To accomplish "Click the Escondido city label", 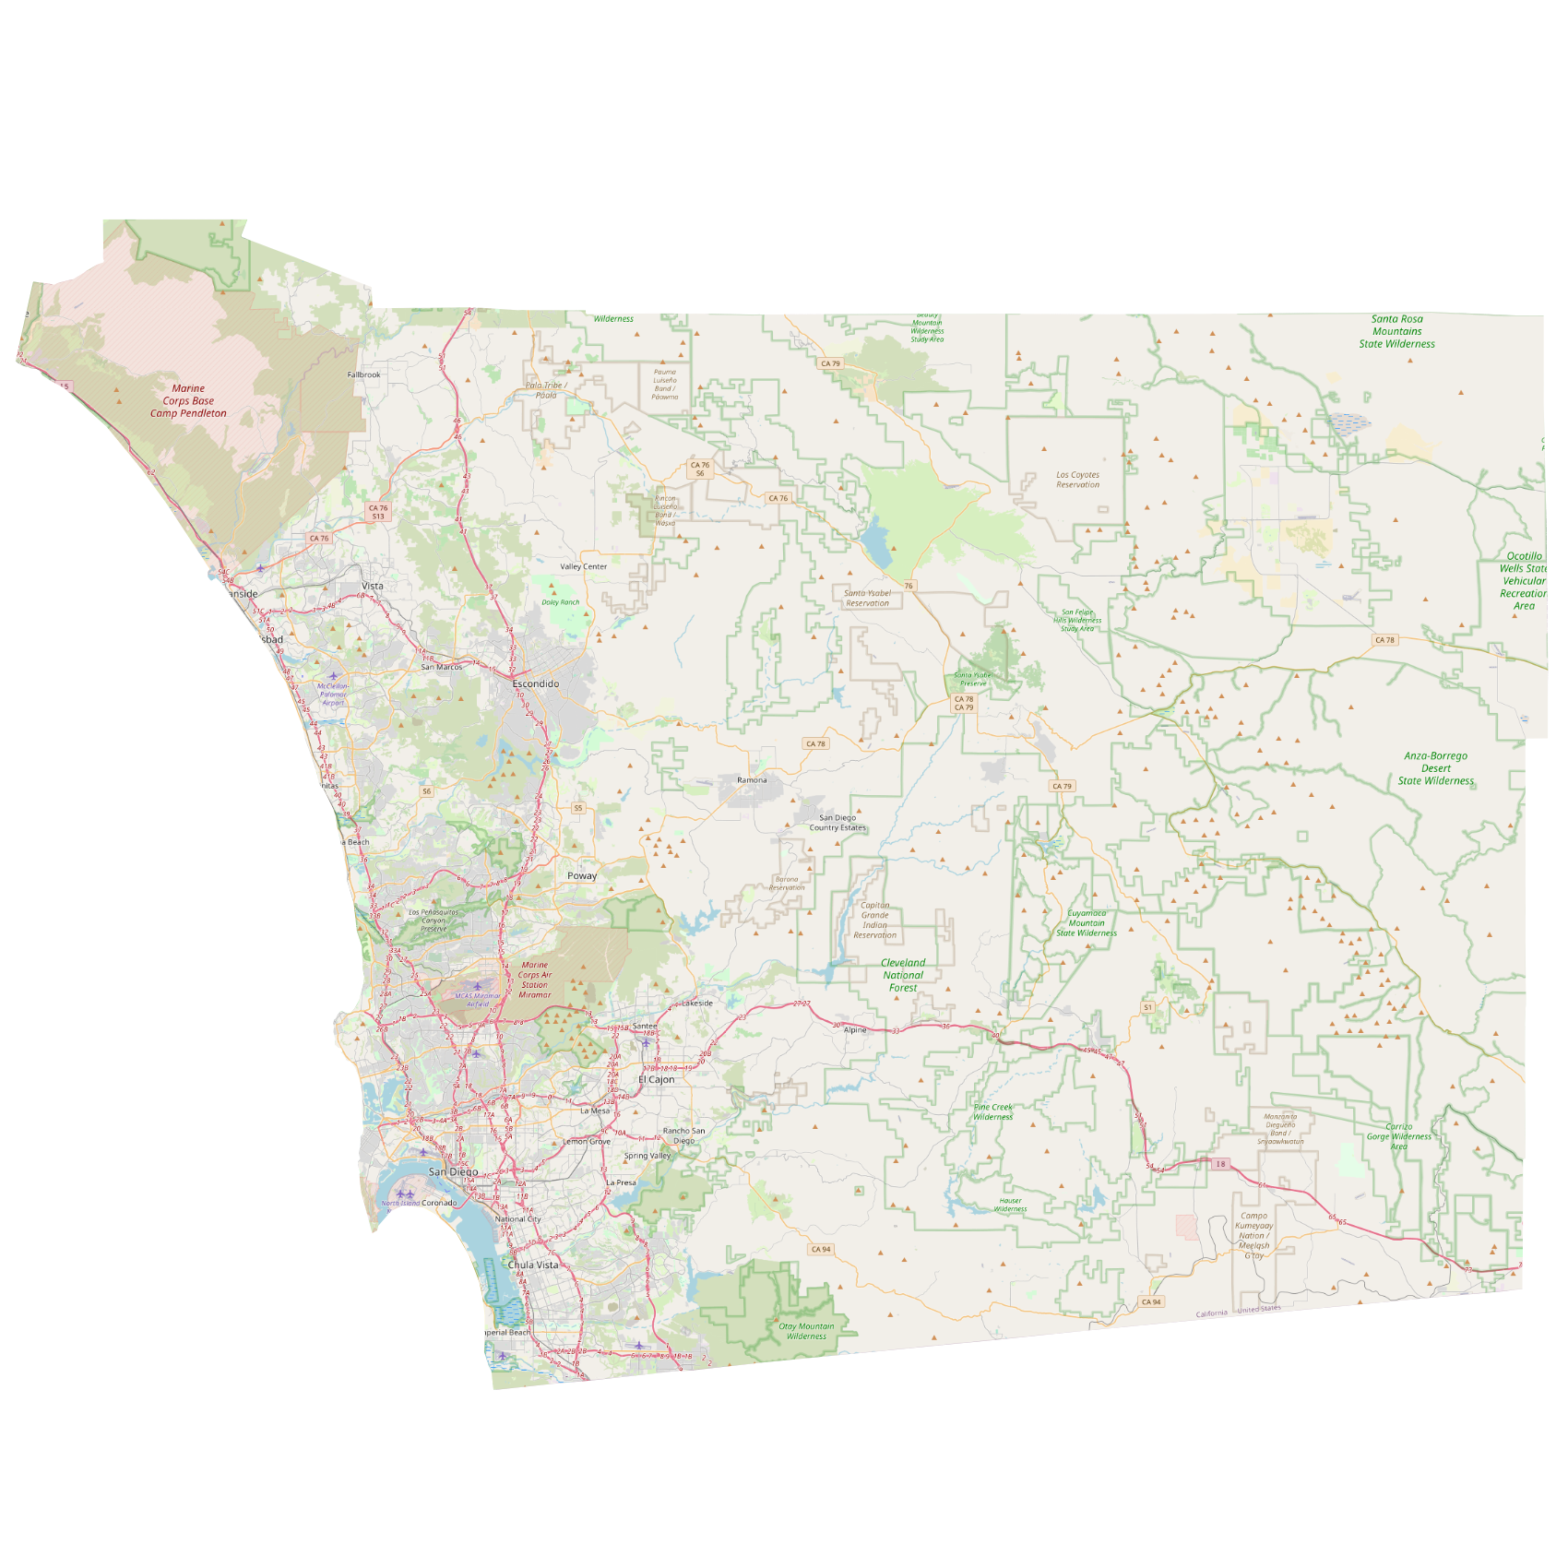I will [536, 683].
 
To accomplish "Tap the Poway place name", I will [582, 875].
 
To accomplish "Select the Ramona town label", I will [752, 780].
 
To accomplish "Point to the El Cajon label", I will [657, 1079].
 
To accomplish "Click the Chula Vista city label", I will [533, 1265].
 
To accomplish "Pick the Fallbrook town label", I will [363, 374].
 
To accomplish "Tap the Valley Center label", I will [584, 566].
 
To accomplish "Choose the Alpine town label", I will [855, 1029].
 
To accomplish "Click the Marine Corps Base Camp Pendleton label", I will [188, 401].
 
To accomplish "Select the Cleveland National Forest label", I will [903, 975].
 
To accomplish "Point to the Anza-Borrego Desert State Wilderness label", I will [1435, 768].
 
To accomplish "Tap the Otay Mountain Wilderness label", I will [806, 1331].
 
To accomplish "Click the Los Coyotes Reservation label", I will [1077, 480].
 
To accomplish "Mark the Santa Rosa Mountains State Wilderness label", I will [1396, 331].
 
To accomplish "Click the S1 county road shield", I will [1147, 1007].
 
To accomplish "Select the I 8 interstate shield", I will [1220, 1164].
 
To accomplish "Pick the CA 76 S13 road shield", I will [378, 512].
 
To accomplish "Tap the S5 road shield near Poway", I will [578, 808].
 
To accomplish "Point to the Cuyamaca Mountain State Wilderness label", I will [1087, 923].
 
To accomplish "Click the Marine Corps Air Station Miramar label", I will [535, 980].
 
